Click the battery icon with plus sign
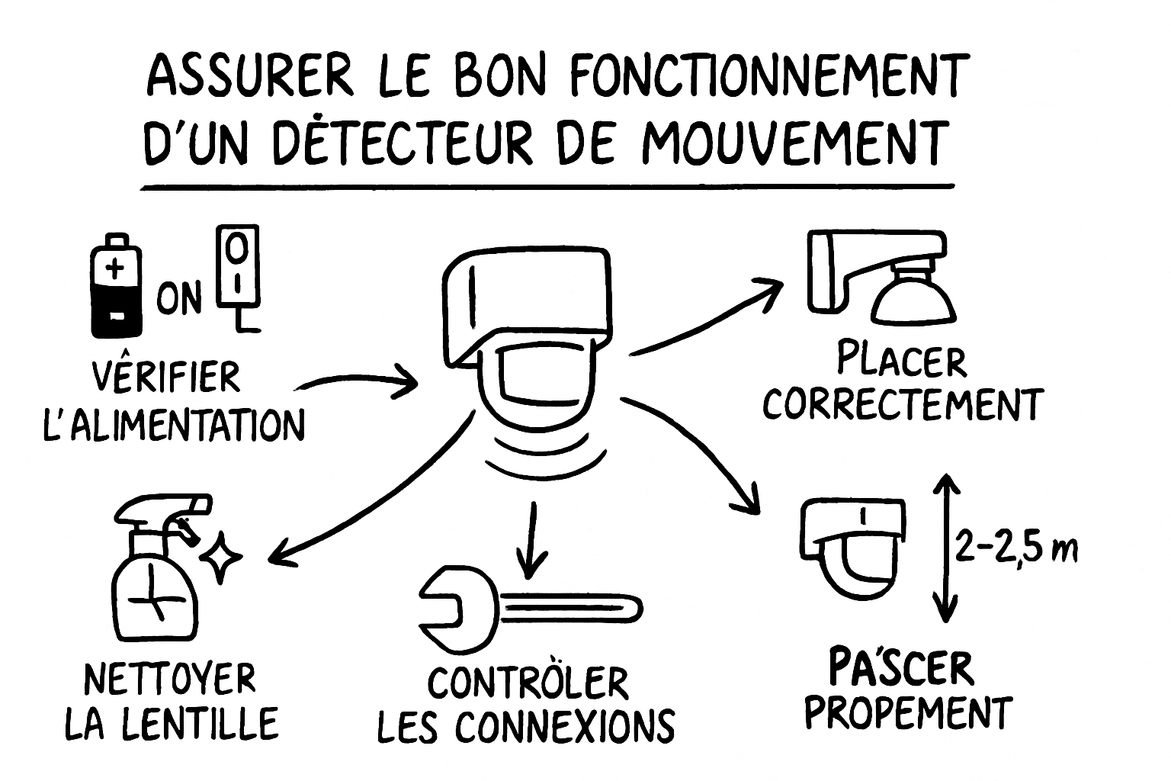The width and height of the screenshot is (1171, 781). [116, 286]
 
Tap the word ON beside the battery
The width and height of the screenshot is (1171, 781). [180, 297]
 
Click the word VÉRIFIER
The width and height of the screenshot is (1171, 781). [165, 376]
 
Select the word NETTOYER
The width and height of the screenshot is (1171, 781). [170, 679]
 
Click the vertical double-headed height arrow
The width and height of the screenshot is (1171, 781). [945, 547]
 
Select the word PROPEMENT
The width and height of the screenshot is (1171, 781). [909, 713]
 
